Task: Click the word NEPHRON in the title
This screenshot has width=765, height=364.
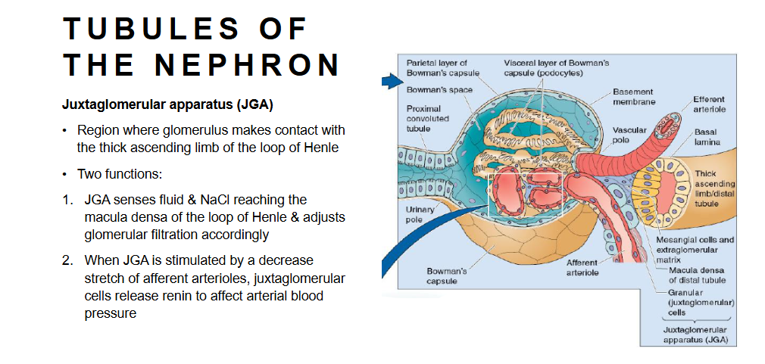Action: (x=248, y=65)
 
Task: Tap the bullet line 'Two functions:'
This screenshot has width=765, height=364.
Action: (x=120, y=174)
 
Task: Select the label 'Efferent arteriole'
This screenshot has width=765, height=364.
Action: (x=708, y=104)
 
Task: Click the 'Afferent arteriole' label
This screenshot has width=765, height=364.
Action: (x=582, y=267)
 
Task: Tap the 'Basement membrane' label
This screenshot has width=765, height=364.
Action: (x=634, y=96)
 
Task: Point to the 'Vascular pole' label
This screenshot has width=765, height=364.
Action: (x=629, y=135)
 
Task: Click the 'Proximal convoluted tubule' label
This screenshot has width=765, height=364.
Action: (x=428, y=118)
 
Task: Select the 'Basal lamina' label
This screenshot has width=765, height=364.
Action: (x=705, y=137)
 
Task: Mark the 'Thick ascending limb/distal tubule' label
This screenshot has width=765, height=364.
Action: (x=714, y=188)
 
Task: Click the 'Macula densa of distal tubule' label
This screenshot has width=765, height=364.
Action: (x=695, y=275)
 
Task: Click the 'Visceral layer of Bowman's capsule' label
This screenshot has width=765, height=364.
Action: (x=556, y=67)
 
